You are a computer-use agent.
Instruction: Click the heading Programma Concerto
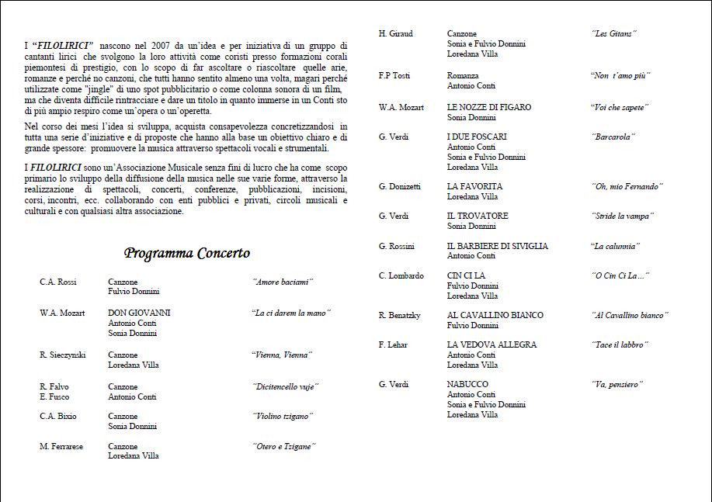[186, 253]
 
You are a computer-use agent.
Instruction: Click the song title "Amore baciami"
[282, 282]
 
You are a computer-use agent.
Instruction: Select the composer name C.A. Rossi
[58, 282]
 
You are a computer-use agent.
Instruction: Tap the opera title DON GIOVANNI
[139, 313]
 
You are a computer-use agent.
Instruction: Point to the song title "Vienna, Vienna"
[282, 355]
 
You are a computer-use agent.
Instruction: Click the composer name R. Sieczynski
[63, 355]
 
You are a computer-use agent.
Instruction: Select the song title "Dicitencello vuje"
[286, 386]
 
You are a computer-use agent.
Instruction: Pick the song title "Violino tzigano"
[283, 416]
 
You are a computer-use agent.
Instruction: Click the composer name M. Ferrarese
[61, 446]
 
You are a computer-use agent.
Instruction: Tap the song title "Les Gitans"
[614, 33]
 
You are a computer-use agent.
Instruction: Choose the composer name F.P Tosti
[394, 75]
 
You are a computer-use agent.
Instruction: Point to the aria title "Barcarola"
[613, 137]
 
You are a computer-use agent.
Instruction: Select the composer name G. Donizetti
[400, 186]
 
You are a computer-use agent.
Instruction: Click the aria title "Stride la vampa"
[623, 216]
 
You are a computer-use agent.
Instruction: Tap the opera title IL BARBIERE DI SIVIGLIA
[498, 246]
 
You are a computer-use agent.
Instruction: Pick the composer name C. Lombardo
[401, 275]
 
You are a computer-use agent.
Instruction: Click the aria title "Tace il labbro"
[620, 344]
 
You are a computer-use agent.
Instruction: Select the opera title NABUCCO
[468, 384]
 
